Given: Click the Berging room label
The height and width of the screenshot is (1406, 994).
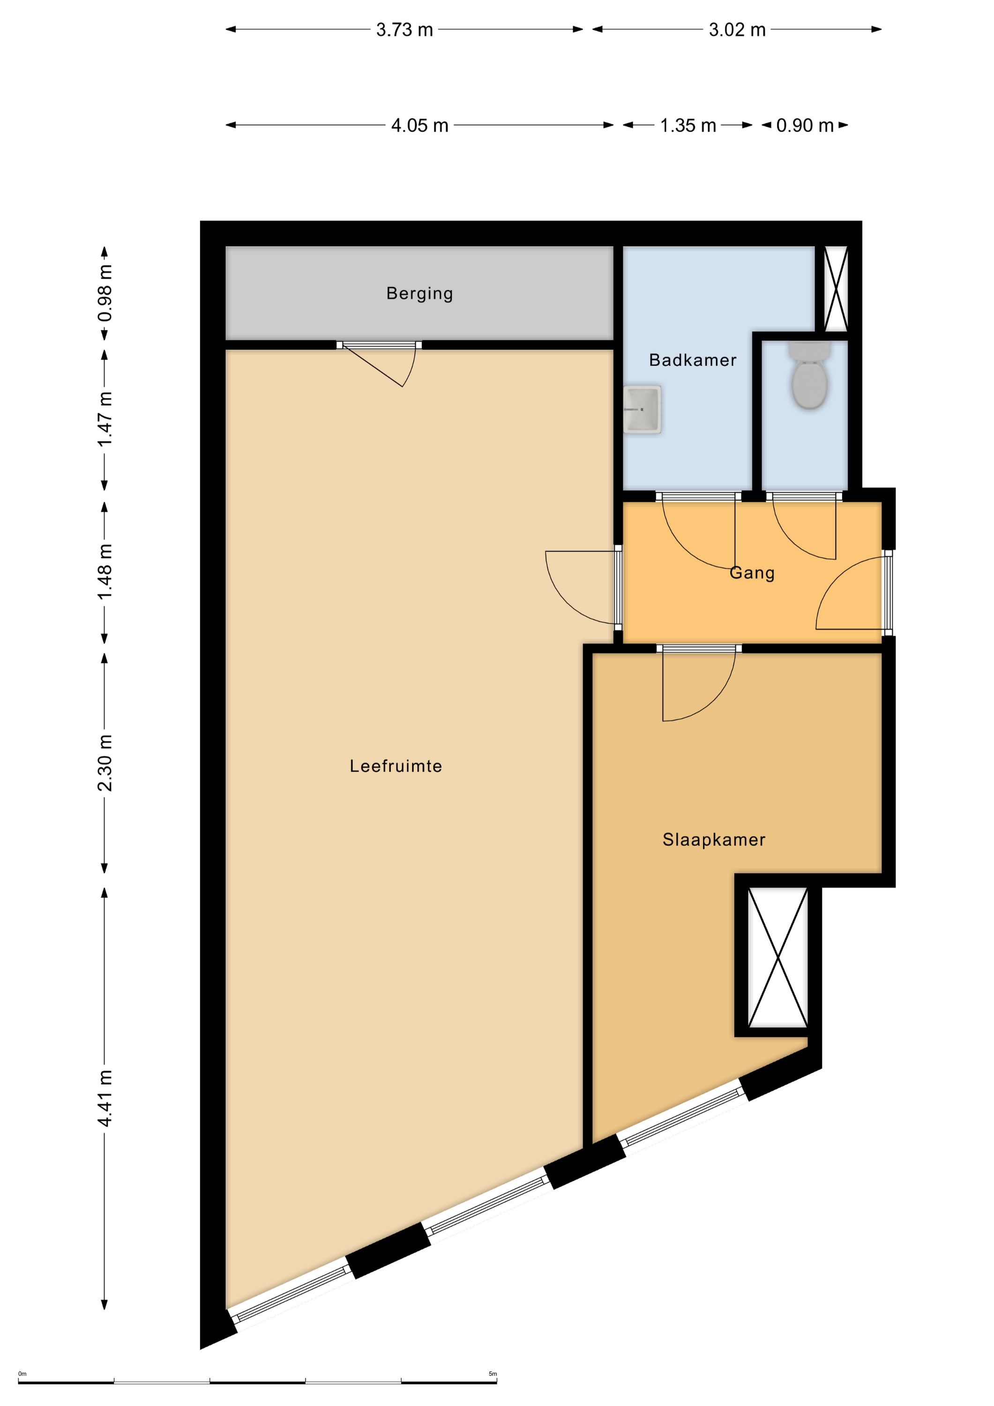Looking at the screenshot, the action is coord(419,294).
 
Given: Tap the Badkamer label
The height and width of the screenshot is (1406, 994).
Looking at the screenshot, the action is coord(693,360).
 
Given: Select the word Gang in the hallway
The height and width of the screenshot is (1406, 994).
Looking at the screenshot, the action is coord(752,573).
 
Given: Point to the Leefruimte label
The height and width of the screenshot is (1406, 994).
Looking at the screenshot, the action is coord(396,766).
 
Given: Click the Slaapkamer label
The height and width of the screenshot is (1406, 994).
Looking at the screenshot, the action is coord(714,839).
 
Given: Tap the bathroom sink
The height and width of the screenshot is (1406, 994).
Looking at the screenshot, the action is coord(642,409).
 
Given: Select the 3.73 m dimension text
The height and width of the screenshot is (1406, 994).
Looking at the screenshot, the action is coord(404,30).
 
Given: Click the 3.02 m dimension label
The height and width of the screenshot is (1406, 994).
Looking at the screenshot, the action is coord(737,30).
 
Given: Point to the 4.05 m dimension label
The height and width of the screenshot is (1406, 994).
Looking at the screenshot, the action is coord(419,126).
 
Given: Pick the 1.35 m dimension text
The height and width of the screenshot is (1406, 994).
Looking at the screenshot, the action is coord(688,126).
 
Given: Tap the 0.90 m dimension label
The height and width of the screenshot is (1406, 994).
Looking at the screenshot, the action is coord(805,126).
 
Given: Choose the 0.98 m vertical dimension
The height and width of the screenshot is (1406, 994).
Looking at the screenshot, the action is coord(105,293).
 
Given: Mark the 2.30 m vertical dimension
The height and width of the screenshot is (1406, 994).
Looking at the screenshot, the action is coord(105,763).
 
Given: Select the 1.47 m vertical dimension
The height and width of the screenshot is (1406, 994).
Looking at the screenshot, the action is coord(105,419).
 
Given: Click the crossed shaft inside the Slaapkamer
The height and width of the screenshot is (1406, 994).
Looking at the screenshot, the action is coord(778,958).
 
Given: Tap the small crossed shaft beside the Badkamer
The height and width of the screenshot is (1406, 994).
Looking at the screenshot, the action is coord(836,289).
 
